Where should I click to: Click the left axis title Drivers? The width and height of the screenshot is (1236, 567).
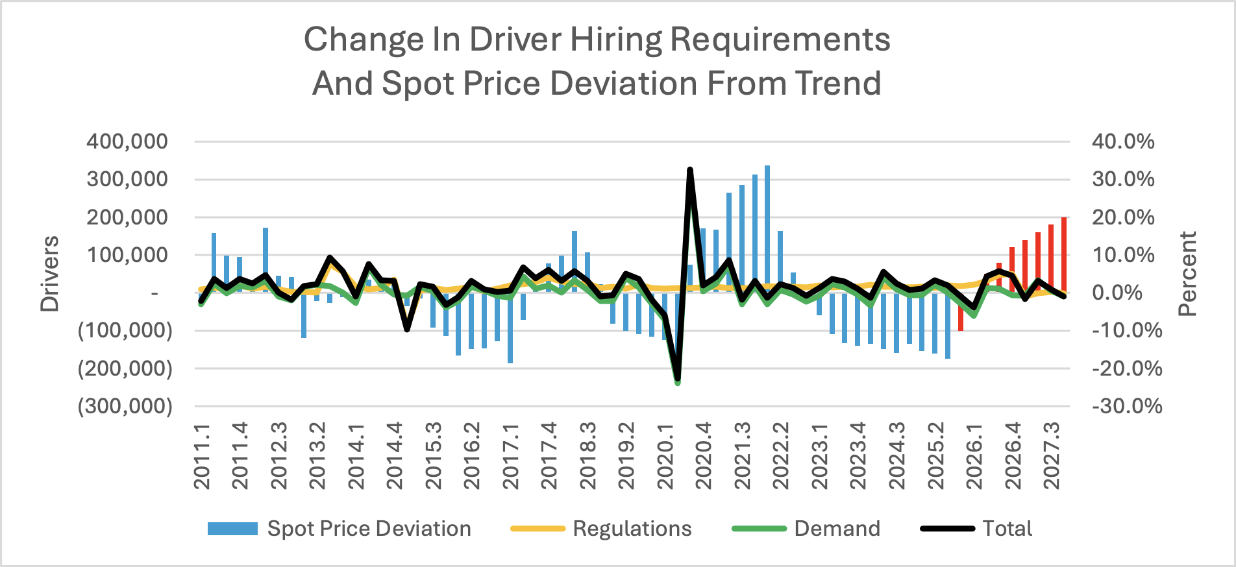(49, 273)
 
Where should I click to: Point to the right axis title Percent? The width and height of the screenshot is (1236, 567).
(1187, 273)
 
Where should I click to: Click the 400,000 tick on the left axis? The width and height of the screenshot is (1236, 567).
(127, 141)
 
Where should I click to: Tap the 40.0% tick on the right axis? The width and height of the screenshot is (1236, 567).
(1122, 141)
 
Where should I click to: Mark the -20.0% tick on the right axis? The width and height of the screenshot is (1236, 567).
(1126, 368)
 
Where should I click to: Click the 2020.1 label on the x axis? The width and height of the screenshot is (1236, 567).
(665, 457)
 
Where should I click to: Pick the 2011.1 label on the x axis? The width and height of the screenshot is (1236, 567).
(202, 457)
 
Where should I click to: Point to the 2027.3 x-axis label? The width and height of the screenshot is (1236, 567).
(1051, 457)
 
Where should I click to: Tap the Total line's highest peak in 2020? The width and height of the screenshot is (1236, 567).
(690, 170)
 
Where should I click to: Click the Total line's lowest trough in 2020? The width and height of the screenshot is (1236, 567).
(678, 378)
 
